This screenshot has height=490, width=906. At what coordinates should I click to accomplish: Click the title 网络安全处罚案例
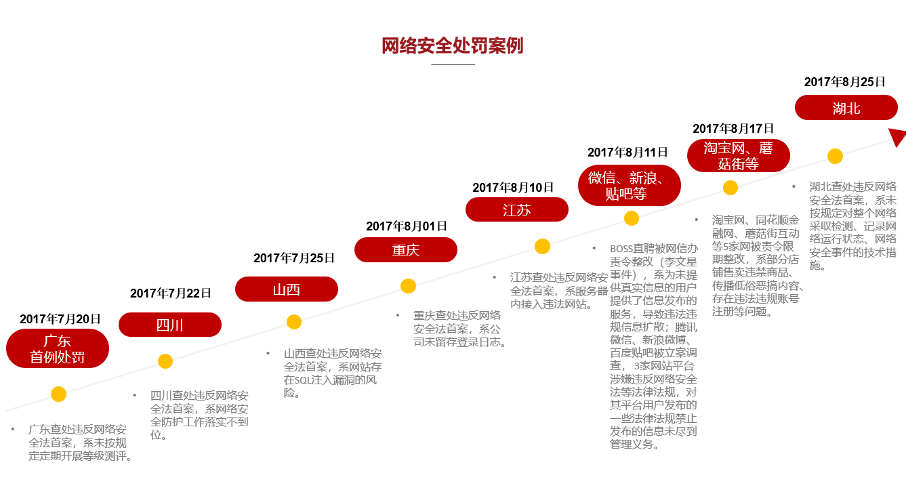[x=453, y=45]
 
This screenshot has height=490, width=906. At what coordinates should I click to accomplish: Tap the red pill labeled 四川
[x=170, y=325]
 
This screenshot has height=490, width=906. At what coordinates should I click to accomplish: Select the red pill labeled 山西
[x=287, y=289]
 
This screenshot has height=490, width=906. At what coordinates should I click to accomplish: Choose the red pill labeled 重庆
[x=406, y=249]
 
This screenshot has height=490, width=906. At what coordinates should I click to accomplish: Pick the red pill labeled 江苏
[x=517, y=209]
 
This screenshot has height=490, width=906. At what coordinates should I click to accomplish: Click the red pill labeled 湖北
[x=846, y=108]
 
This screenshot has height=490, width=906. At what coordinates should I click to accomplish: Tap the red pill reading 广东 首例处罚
[x=58, y=348]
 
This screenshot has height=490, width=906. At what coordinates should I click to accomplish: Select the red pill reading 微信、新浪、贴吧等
[x=630, y=185]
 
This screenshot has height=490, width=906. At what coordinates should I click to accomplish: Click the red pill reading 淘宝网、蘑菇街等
[x=739, y=156]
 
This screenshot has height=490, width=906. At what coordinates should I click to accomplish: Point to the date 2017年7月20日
[x=60, y=319]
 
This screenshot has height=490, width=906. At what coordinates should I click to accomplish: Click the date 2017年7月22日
[x=170, y=293]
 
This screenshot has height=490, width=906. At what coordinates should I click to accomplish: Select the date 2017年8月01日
[x=407, y=226]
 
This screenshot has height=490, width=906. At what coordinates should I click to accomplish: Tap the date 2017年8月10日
[x=513, y=187]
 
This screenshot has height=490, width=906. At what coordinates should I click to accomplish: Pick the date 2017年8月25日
[x=844, y=82]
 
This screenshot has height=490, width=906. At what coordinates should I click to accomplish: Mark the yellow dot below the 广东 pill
[x=59, y=394]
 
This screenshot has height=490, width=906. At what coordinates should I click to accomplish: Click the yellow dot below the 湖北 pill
[x=835, y=156]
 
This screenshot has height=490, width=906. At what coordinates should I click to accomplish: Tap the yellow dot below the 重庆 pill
[x=408, y=286]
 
